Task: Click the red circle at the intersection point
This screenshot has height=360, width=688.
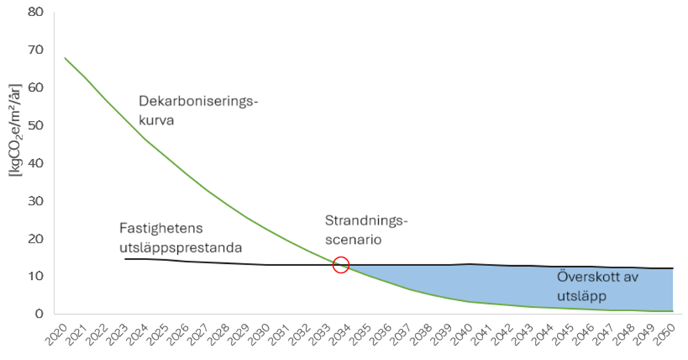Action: (340, 265)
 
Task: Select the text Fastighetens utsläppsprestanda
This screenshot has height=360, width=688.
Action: (181, 238)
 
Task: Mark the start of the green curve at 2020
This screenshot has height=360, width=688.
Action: (65, 58)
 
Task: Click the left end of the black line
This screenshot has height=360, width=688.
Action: (126, 259)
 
